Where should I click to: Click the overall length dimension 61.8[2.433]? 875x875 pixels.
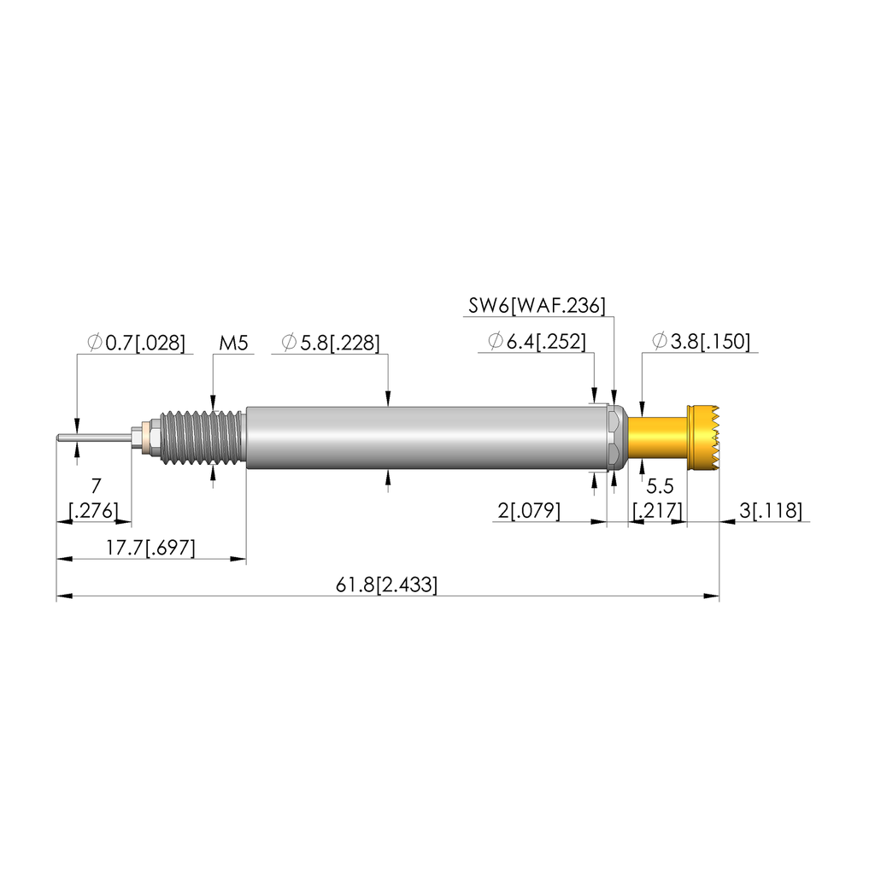387,585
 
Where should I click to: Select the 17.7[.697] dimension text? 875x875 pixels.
151,548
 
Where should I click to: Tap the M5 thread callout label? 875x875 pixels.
233,344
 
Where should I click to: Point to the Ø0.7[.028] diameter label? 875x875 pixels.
136,344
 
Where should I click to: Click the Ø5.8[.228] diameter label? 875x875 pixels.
331,344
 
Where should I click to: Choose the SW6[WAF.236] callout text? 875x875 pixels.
537,305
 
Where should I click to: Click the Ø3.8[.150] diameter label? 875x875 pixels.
701,343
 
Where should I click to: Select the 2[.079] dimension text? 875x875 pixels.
528,511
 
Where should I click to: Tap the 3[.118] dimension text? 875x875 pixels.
771,511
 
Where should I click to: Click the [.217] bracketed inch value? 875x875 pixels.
656,511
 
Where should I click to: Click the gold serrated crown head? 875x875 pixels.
704,438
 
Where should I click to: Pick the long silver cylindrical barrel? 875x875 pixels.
427,438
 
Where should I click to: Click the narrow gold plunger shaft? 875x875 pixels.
657,438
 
